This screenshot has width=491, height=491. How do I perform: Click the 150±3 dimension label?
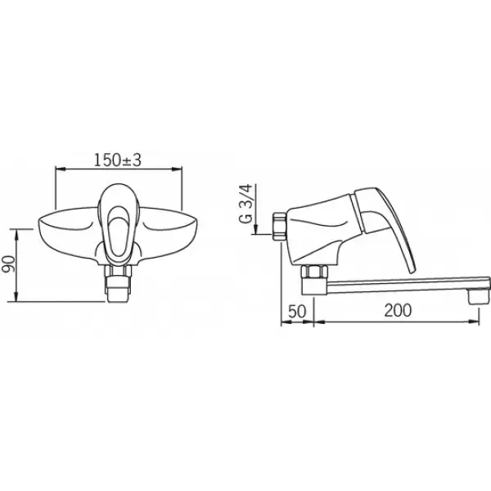118,160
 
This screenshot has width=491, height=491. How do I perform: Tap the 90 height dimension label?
9,264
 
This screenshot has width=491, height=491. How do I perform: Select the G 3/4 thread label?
245,203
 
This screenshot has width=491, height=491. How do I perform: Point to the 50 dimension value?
296,311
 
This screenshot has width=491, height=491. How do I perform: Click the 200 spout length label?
398,310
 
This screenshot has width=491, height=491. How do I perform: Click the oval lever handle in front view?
118,224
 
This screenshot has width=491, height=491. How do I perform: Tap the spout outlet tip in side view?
479,296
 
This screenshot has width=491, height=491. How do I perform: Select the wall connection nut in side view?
279,227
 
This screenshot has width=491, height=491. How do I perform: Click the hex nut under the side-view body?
314,272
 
